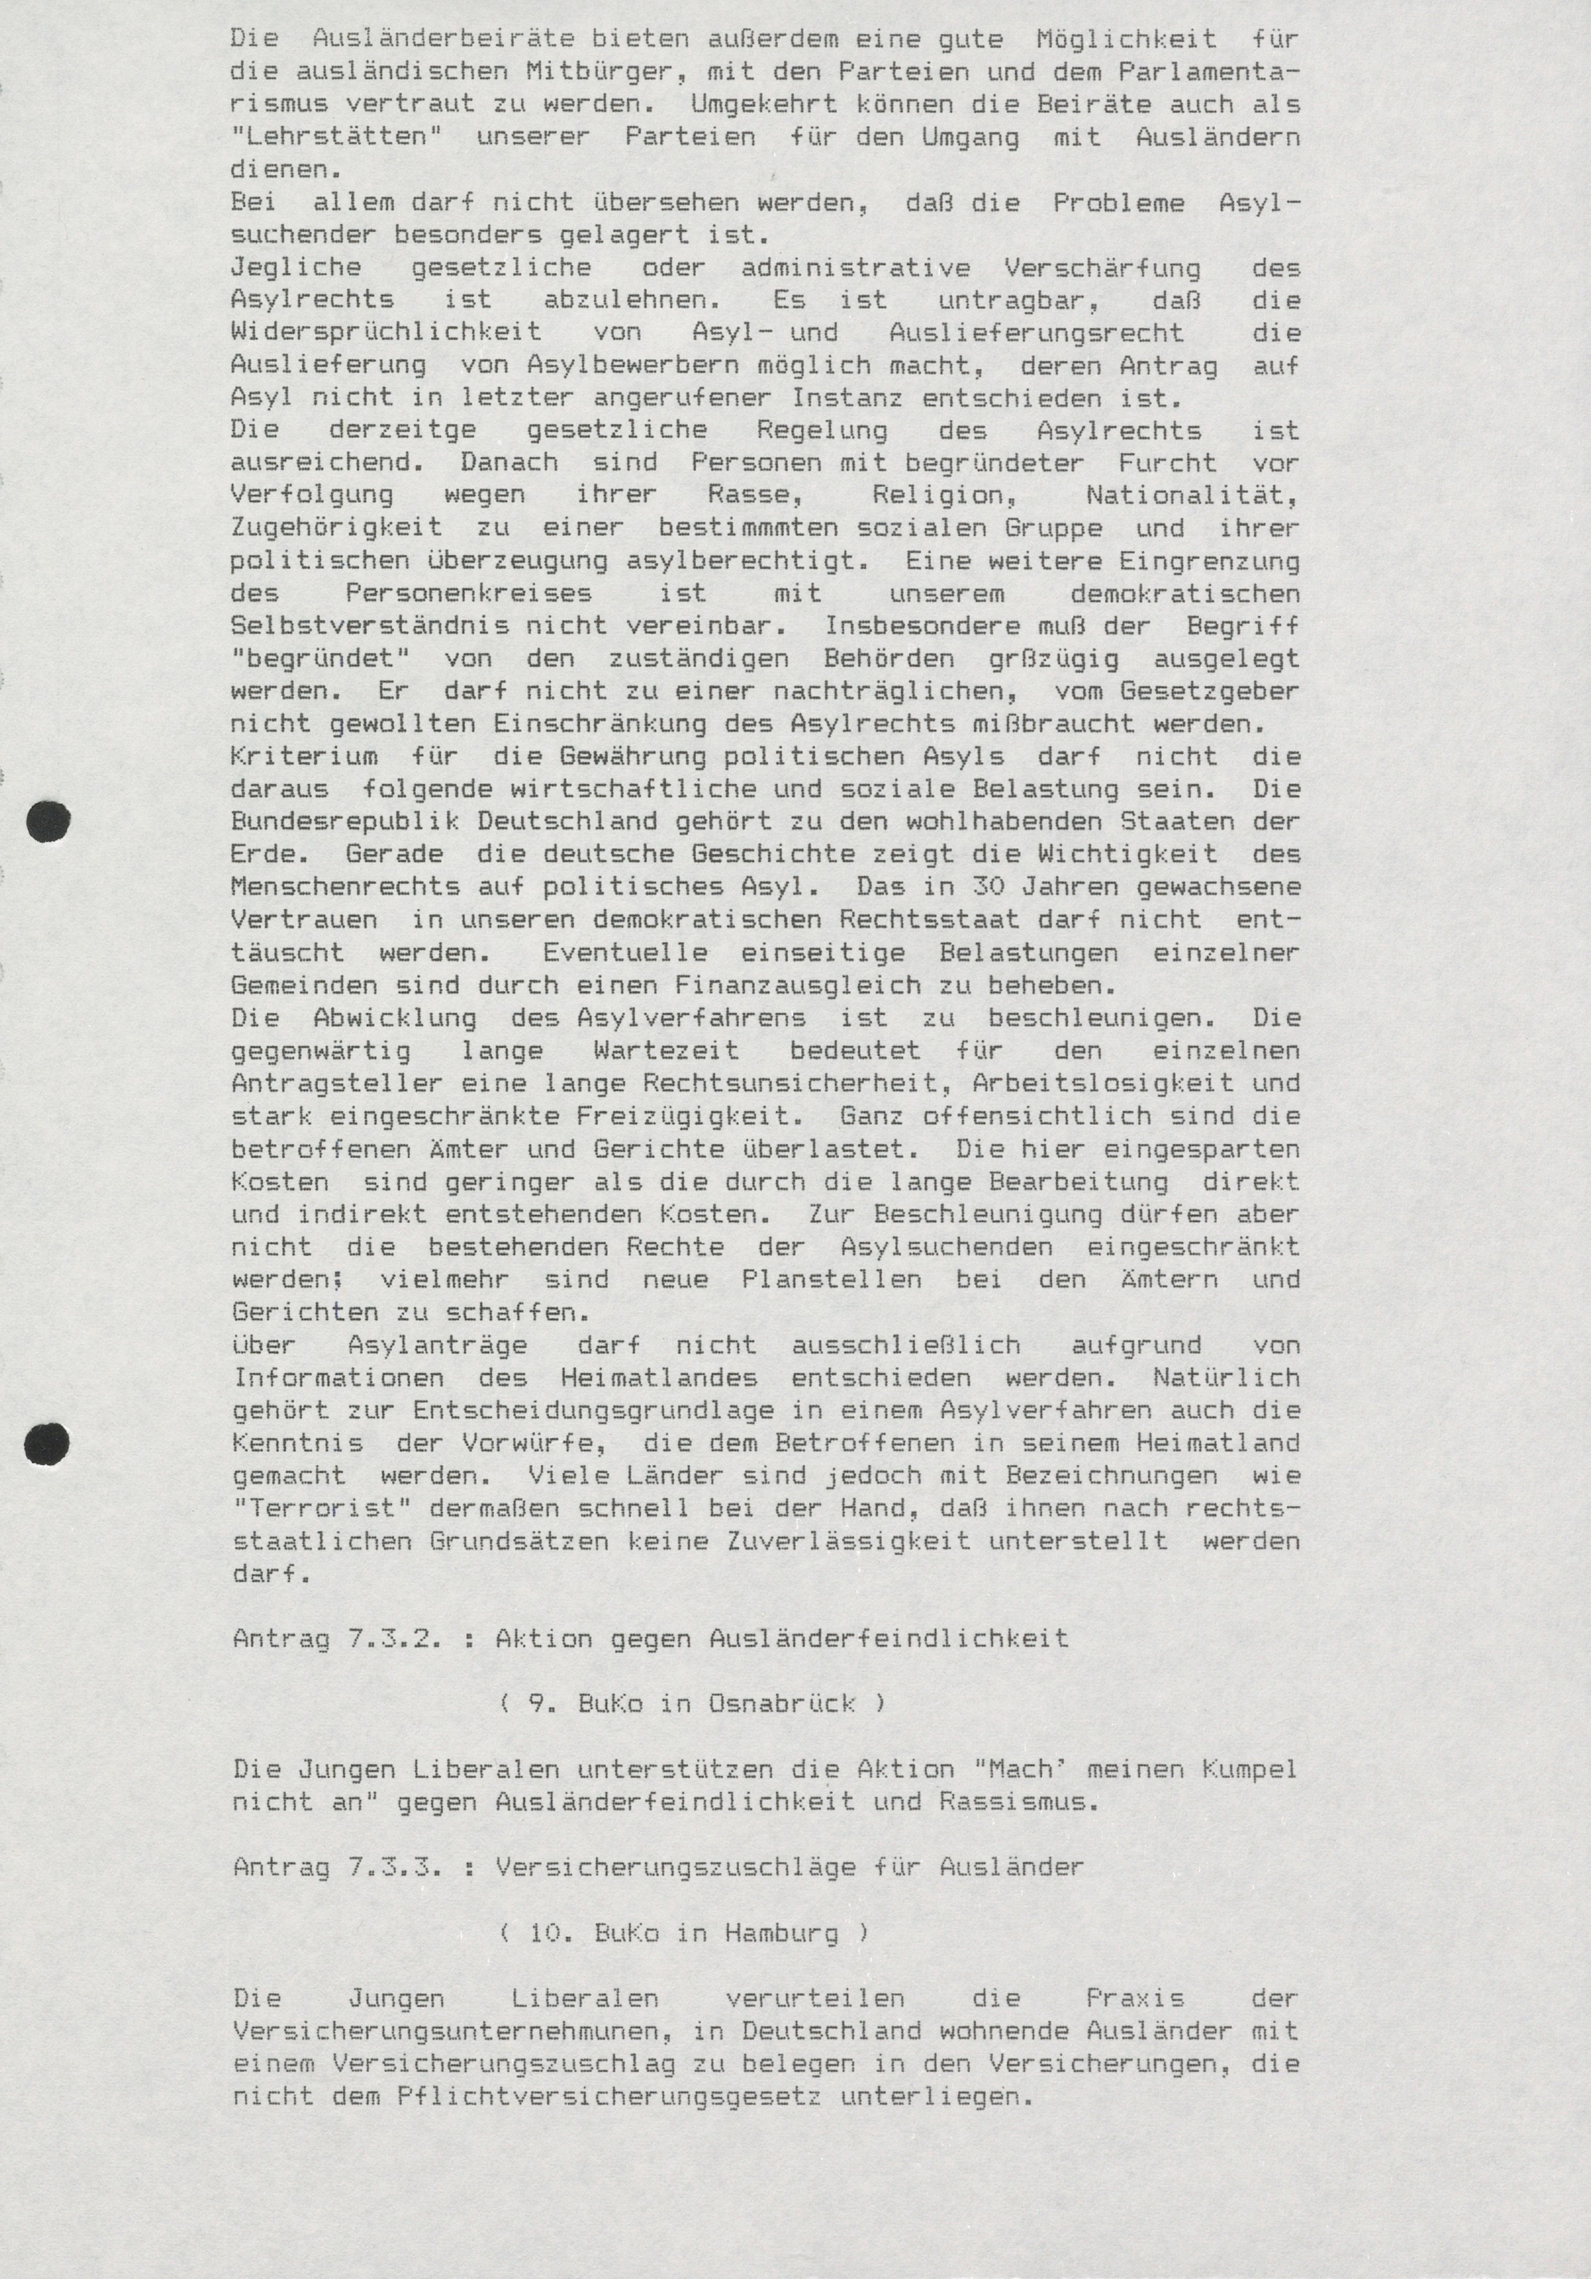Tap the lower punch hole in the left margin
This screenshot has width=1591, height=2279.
click(x=48, y=1442)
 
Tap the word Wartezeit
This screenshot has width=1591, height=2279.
click(x=666, y=1050)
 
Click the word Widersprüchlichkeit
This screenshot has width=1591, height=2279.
click(x=386, y=332)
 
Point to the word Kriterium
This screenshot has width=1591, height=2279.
click(x=304, y=757)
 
